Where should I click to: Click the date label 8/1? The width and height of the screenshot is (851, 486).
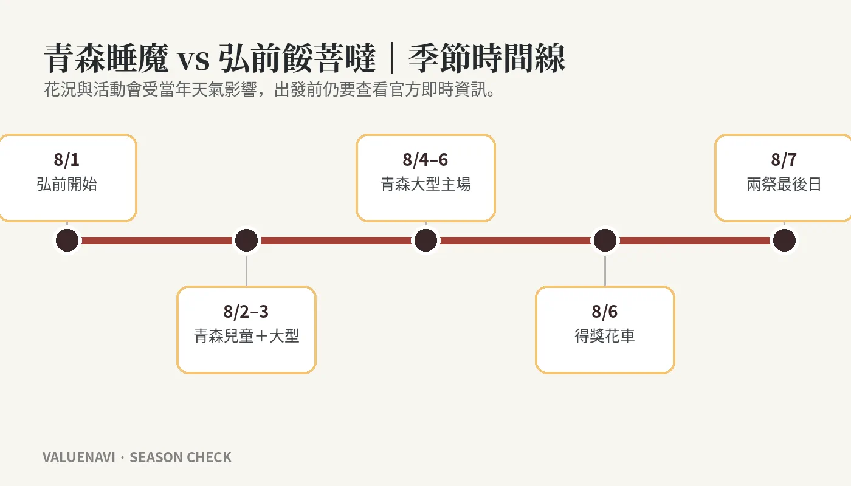pos(66,159)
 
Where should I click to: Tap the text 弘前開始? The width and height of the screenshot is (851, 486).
pos(67,184)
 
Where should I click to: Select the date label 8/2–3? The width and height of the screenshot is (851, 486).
pos(246,311)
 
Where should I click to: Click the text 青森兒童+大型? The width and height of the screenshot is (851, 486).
pos(246,336)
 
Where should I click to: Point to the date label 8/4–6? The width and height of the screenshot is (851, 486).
pos(425,159)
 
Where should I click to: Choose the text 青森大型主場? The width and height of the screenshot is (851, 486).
pos(425,184)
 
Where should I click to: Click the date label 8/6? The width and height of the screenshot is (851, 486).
pos(604,311)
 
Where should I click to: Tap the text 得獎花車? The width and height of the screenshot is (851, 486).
pos(605,336)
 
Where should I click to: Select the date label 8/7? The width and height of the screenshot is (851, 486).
pos(784,159)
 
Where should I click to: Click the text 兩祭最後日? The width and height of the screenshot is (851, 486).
pos(784,184)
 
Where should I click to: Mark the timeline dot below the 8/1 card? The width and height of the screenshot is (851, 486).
pos(67,241)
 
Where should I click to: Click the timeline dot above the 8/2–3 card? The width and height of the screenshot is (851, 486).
pos(247,241)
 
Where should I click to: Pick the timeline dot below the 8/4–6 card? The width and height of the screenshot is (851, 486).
pos(426,241)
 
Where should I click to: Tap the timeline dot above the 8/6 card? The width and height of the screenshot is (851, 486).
pos(605,241)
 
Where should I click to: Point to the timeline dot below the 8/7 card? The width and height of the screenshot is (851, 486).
pos(785,241)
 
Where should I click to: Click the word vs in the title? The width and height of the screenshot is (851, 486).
pos(194,60)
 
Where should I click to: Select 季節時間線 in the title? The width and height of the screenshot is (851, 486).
pos(487,58)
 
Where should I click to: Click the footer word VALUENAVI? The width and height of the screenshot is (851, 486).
pos(78,457)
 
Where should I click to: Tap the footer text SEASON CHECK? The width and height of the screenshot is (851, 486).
pos(181,457)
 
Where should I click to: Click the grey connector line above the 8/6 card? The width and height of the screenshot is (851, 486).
pos(605,271)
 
